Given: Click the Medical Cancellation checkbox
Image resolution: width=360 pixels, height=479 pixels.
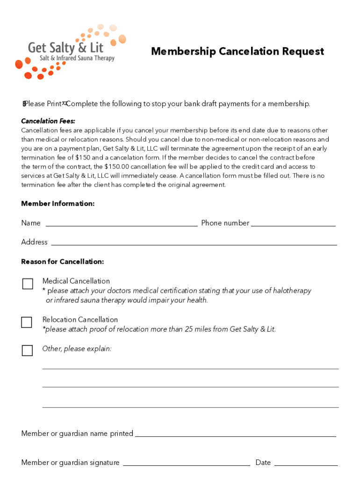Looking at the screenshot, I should [x=28, y=284].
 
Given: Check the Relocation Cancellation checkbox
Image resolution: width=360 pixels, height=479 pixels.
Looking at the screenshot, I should [x=27, y=322].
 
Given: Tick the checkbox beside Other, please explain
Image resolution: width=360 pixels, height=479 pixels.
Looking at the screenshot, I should [x=27, y=350].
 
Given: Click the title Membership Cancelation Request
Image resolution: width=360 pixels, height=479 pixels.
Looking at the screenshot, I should [x=237, y=51].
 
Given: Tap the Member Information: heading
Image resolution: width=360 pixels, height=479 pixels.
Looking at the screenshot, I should [x=58, y=203].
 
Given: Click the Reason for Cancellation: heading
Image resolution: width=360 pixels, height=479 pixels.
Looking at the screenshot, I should [x=62, y=261].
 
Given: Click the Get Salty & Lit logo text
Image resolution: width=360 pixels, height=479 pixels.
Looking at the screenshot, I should [x=65, y=47].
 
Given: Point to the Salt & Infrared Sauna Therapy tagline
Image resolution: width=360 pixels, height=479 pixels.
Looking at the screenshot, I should [x=77, y=58].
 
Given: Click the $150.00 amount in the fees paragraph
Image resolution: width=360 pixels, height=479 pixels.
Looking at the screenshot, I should [x=119, y=167].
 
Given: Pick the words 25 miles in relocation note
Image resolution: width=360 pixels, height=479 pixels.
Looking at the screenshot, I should [x=198, y=329].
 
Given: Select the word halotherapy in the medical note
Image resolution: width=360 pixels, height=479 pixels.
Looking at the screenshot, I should [x=289, y=291].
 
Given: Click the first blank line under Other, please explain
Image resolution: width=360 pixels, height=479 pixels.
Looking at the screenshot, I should [x=190, y=368].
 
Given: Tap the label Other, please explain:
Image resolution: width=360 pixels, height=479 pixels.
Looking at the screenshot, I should [x=77, y=349].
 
